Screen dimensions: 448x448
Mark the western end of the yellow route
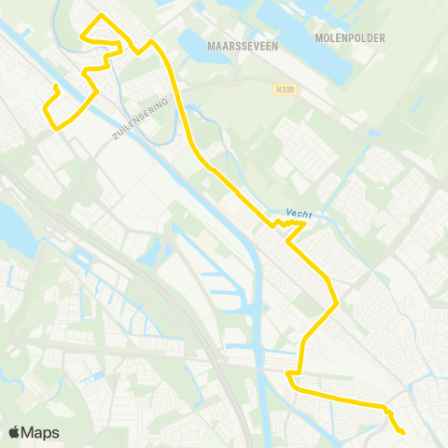click(56, 87)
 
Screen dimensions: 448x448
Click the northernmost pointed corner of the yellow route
click(101, 16)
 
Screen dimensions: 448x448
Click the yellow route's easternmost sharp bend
click(336, 302)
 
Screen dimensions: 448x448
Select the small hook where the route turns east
click(290, 378)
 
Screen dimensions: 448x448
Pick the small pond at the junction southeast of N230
click(374, 133)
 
